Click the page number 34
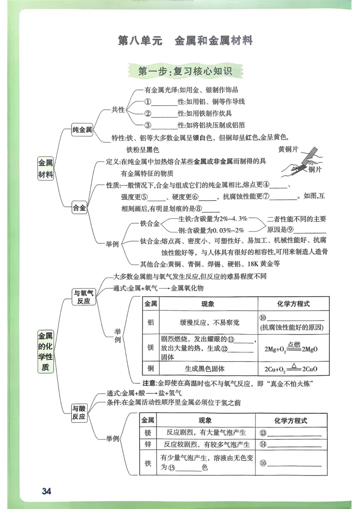pyautogui.click(x=46, y=491)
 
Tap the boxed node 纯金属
pyautogui.click(x=82, y=130)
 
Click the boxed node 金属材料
pyautogui.click(x=45, y=169)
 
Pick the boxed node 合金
pyautogui.click(x=80, y=208)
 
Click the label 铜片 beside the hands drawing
pyautogui.click(x=315, y=170)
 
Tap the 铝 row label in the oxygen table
pyautogui.click(x=151, y=322)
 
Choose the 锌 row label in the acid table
pyautogui.click(x=147, y=444)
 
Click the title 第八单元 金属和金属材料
pyautogui.click(x=185, y=41)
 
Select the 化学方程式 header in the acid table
pyautogui.click(x=290, y=420)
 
